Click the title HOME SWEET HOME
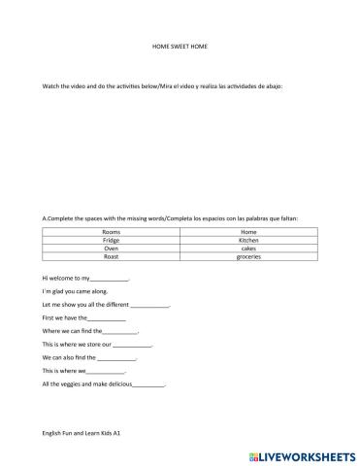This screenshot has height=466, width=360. pos(180,46)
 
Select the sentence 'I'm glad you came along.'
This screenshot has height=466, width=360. pos(75,291)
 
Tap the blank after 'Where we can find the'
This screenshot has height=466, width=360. pos(119,332)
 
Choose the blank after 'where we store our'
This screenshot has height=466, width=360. pos(133,346)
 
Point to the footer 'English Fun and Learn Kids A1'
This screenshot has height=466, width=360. pos(81,431)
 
